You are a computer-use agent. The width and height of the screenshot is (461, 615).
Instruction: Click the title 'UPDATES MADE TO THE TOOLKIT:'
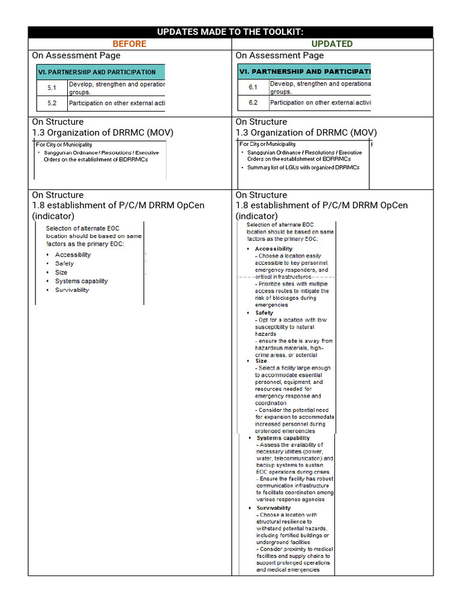click(230, 32)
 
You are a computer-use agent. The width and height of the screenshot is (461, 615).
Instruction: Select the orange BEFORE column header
click(129, 44)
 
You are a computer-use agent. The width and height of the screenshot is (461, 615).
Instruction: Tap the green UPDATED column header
click(332, 44)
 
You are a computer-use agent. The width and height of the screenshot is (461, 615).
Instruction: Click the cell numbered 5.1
click(52, 88)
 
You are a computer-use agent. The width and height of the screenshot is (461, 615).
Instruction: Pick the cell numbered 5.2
click(52, 103)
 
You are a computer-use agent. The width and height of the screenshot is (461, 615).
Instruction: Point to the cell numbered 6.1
click(253, 88)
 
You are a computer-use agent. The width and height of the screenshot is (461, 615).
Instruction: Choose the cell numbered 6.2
click(253, 103)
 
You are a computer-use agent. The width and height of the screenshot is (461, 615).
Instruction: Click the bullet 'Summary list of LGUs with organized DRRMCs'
click(303, 168)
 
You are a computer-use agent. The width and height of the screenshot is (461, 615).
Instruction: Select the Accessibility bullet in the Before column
click(73, 255)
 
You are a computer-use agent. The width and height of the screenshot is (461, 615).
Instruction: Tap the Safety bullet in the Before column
click(64, 264)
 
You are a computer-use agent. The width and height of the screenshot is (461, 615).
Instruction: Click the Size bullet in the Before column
click(61, 272)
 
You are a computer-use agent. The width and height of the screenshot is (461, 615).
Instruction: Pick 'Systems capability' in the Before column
click(81, 281)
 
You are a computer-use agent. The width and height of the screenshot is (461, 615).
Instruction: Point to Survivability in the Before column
click(71, 289)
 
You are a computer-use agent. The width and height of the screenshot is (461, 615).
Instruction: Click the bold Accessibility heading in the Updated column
click(273, 249)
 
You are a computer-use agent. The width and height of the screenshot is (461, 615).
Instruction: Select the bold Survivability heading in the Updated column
click(273, 508)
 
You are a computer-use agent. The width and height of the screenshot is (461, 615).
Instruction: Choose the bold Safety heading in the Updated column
click(264, 313)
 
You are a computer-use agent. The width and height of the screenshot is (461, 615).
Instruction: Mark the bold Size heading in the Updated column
click(261, 361)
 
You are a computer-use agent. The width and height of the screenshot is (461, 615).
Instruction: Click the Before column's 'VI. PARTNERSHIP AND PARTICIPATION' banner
click(101, 72)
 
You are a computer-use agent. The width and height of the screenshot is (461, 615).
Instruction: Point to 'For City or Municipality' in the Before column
click(64, 145)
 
